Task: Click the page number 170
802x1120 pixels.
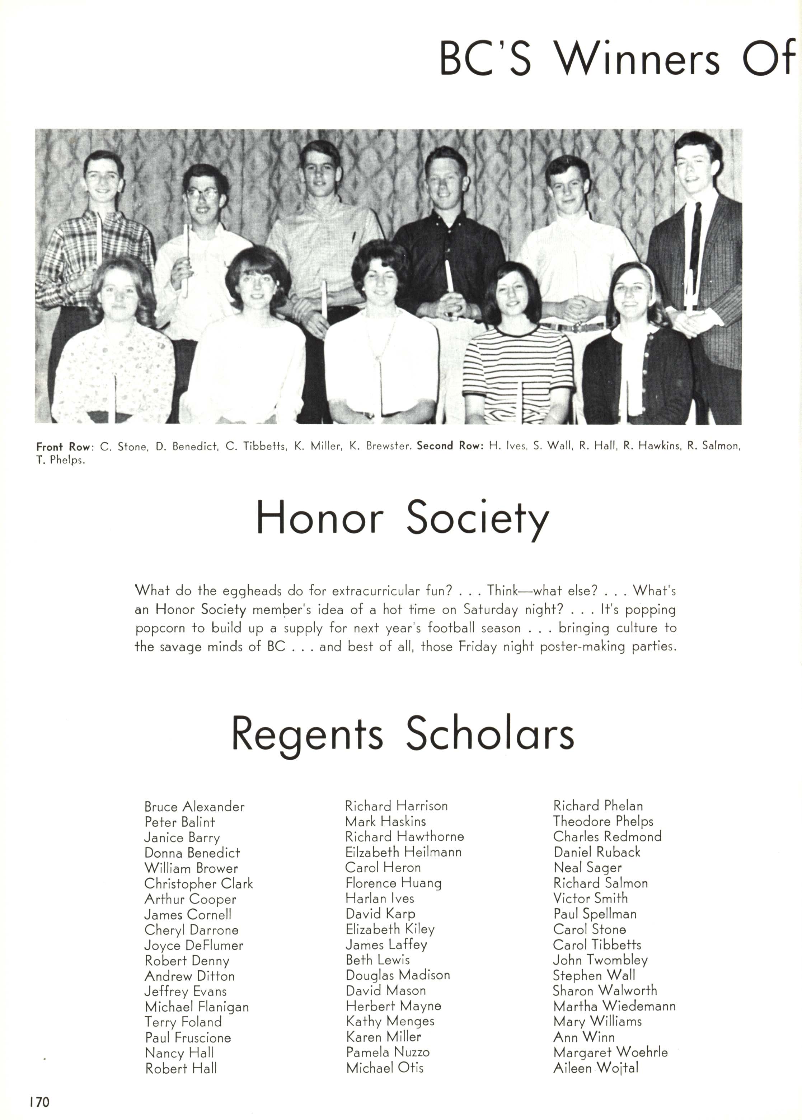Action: point(39,1102)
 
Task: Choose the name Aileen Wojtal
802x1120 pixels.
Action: point(596,1068)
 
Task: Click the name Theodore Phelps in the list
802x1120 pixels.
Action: point(603,821)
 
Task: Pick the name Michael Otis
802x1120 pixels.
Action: point(384,1068)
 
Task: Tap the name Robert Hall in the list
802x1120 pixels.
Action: point(180,1068)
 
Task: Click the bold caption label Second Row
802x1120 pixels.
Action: point(450,446)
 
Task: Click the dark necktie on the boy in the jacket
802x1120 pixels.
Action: point(695,237)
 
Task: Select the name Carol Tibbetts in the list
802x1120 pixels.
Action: point(597,945)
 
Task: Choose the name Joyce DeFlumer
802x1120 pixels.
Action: point(193,945)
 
